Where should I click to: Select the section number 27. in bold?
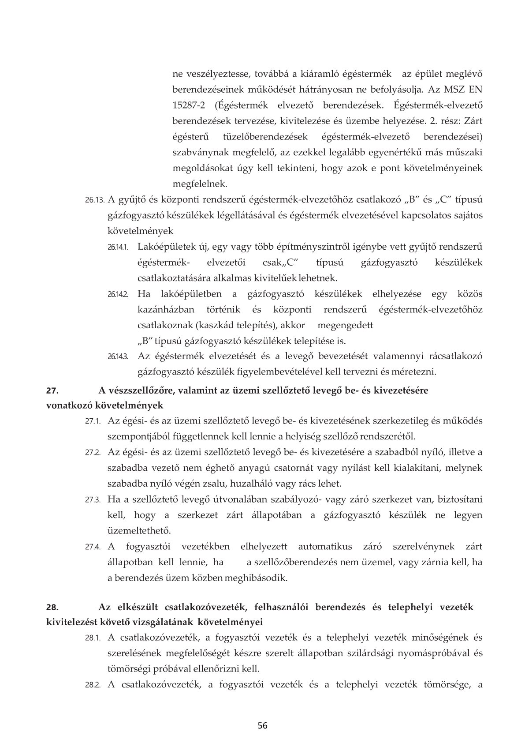pyautogui.click(x=52, y=390)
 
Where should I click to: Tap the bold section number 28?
pyautogui.click(x=52, y=607)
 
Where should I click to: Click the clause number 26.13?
pyautogui.click(x=94, y=200)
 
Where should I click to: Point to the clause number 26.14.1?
pyautogui.click(x=118, y=247)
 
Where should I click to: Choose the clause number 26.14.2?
pyautogui.click(x=118, y=294)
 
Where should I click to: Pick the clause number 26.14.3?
pyautogui.click(x=118, y=356)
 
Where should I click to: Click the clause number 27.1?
pyautogui.click(x=93, y=421)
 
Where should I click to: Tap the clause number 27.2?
pyautogui.click(x=93, y=453)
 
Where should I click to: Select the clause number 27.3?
pyautogui.click(x=93, y=500)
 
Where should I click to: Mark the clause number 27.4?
pyautogui.click(x=93, y=547)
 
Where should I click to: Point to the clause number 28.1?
pyautogui.click(x=93, y=638)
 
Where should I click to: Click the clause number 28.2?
pyautogui.click(x=93, y=685)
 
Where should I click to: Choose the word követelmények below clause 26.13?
pyautogui.click(x=141, y=231)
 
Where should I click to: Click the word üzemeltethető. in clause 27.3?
pyautogui.click(x=139, y=530)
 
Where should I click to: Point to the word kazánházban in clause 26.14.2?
pyautogui.click(x=165, y=310)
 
